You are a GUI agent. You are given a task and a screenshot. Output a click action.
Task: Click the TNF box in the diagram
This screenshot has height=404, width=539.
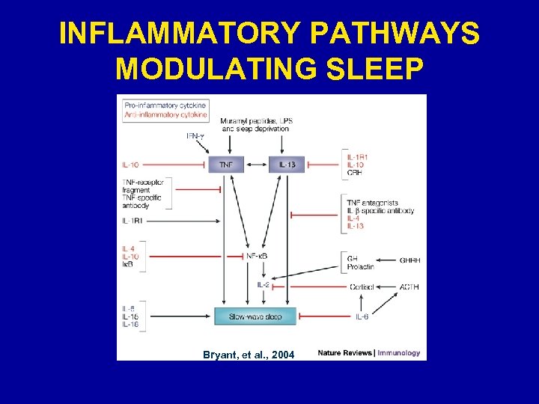(226, 165)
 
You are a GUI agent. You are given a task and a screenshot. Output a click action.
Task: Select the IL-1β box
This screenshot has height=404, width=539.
(287, 165)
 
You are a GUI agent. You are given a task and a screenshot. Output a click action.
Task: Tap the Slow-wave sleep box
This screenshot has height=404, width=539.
(255, 316)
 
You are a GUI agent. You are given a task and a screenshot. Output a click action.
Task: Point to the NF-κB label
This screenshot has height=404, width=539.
(257, 257)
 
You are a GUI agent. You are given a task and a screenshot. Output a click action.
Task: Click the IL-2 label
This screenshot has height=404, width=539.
(264, 285)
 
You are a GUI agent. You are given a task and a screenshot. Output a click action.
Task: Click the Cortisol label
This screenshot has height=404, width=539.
(362, 287)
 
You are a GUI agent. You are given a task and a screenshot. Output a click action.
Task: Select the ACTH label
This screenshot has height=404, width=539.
(409, 287)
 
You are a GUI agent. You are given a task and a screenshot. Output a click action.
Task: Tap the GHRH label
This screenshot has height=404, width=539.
(410, 260)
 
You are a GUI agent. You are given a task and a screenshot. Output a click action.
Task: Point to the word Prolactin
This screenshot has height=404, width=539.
(360, 266)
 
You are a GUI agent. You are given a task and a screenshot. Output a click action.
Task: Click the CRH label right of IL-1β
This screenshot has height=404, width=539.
(354, 173)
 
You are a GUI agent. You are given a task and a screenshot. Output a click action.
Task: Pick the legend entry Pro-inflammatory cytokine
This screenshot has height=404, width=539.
(165, 105)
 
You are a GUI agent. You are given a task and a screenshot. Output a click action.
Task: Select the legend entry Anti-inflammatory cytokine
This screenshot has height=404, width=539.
(165, 114)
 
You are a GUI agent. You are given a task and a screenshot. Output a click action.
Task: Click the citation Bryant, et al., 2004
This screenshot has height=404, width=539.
(249, 354)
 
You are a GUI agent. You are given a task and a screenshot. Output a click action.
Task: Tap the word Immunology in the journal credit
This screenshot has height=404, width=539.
(399, 352)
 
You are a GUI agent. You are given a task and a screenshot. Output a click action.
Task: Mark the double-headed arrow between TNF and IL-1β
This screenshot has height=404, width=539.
(256, 165)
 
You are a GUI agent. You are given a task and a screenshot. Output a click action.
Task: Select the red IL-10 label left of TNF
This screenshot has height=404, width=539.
(130, 164)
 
